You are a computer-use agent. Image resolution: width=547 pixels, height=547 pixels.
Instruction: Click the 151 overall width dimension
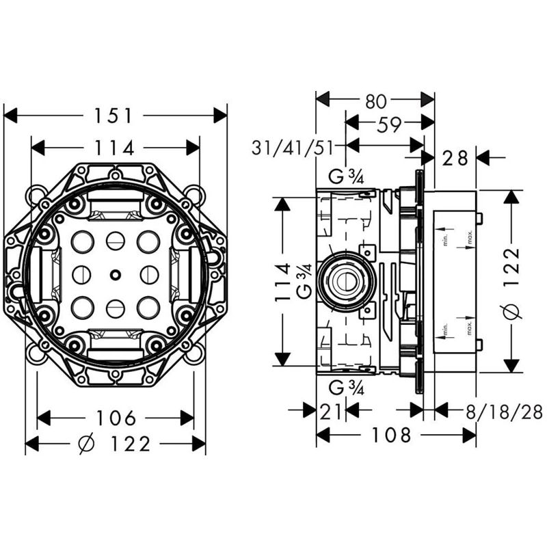[x=115, y=116]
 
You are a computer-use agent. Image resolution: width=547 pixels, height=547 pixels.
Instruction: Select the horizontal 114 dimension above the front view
[x=115, y=147]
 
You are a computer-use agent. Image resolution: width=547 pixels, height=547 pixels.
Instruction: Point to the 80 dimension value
[x=375, y=101]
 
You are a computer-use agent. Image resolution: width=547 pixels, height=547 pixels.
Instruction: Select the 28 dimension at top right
[x=455, y=158]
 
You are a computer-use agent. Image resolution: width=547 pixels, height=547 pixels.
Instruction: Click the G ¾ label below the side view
[x=345, y=388]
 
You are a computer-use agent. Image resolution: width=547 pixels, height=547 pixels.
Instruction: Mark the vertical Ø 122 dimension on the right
[x=512, y=281]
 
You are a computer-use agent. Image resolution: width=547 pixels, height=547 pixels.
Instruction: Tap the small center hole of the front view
[x=114, y=276]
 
